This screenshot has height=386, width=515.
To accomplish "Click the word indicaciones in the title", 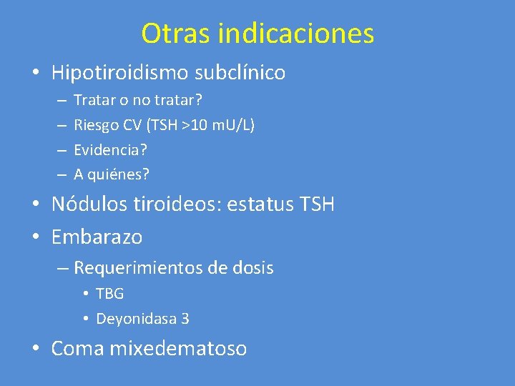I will point(296,33).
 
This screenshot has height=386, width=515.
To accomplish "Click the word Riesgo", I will point(94,125).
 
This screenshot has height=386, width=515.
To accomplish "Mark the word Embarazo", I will point(97,236).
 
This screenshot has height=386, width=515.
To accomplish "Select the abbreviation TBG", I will point(109,294).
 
